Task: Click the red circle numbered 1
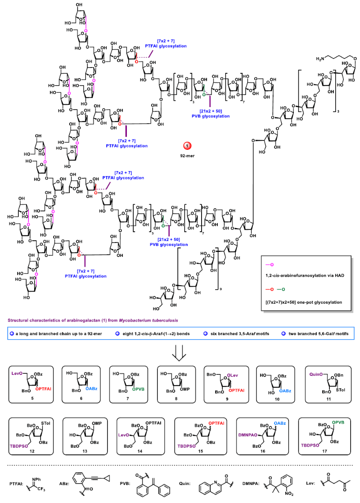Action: click(188, 145)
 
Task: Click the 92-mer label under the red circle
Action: click(188, 157)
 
